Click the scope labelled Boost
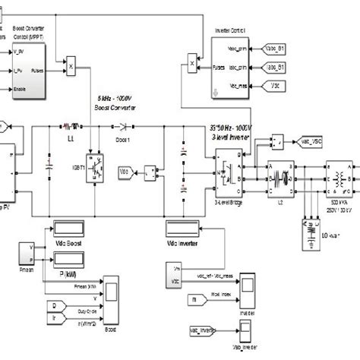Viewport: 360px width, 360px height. click(112, 292)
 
